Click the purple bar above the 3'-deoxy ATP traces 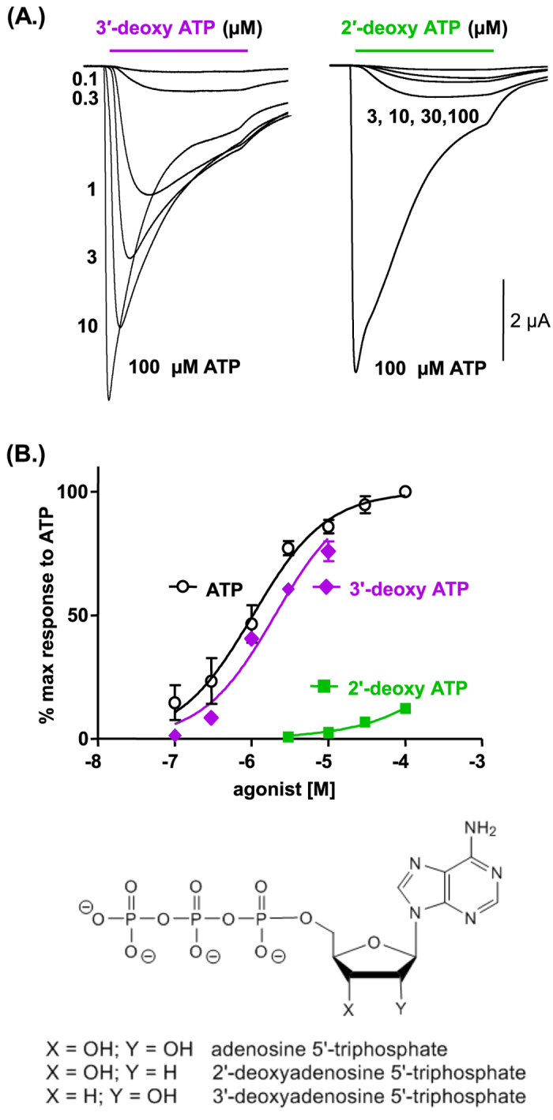pos(179,50)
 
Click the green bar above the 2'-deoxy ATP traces pos(424,50)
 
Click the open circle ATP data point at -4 pos(405,492)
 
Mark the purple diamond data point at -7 pos(175,735)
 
